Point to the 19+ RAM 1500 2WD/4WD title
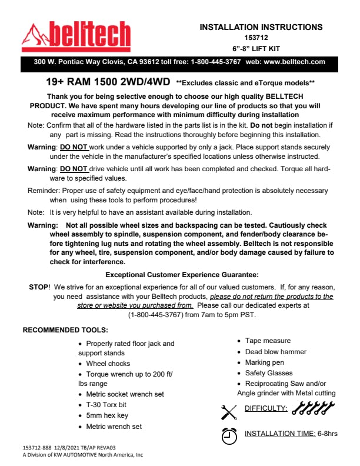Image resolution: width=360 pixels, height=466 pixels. click(x=108, y=83)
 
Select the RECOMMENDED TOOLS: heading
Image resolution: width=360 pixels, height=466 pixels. click(x=65, y=330)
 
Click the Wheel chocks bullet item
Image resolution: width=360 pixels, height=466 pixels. click(x=108, y=364)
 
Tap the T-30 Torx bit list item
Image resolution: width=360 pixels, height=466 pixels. click(x=106, y=405)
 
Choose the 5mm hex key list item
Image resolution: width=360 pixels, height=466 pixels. click(x=106, y=415)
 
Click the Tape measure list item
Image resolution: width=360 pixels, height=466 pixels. click(x=268, y=341)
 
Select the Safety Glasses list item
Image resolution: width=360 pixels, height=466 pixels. click(x=269, y=373)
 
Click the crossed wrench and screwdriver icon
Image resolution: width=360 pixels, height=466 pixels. click(x=229, y=411)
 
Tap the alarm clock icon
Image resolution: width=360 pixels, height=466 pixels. click(x=229, y=434)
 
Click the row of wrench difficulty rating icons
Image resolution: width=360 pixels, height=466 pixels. click(x=312, y=407)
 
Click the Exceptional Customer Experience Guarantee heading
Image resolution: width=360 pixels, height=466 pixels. click(x=182, y=275)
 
